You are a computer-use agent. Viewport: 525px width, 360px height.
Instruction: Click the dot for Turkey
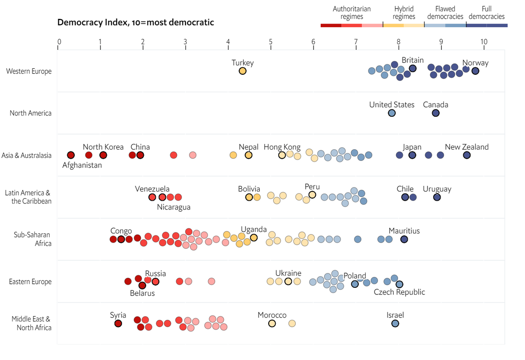tap(242, 71)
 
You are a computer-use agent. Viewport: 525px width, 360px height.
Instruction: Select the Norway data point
tap(475, 71)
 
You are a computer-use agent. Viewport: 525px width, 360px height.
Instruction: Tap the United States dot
tap(392, 113)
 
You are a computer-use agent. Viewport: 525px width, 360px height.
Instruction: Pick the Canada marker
tap(435, 113)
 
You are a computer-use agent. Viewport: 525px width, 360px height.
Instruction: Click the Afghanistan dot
tap(71, 155)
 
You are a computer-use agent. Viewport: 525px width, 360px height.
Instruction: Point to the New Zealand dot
tap(467, 155)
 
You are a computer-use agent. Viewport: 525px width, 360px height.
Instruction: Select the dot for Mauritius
tap(404, 239)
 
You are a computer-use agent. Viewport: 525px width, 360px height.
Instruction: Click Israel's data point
tap(395, 323)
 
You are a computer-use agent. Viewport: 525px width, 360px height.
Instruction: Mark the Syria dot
tap(118, 323)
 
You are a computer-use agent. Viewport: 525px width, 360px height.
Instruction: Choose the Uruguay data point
tap(437, 197)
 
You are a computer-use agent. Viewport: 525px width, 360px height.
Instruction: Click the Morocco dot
tap(272, 323)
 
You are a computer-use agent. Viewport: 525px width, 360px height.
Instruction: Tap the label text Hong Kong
tap(282, 147)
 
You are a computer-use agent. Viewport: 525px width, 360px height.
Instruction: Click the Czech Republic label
tap(399, 292)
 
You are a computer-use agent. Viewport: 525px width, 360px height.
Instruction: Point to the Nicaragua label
tap(174, 207)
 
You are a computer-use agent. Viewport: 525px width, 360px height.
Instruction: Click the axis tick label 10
tap(483, 42)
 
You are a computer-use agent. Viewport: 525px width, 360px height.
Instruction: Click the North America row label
tap(31, 113)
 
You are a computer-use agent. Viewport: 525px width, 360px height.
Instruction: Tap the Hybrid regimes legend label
tap(404, 13)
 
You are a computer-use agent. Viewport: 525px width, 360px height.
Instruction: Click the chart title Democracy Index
tap(136, 22)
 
